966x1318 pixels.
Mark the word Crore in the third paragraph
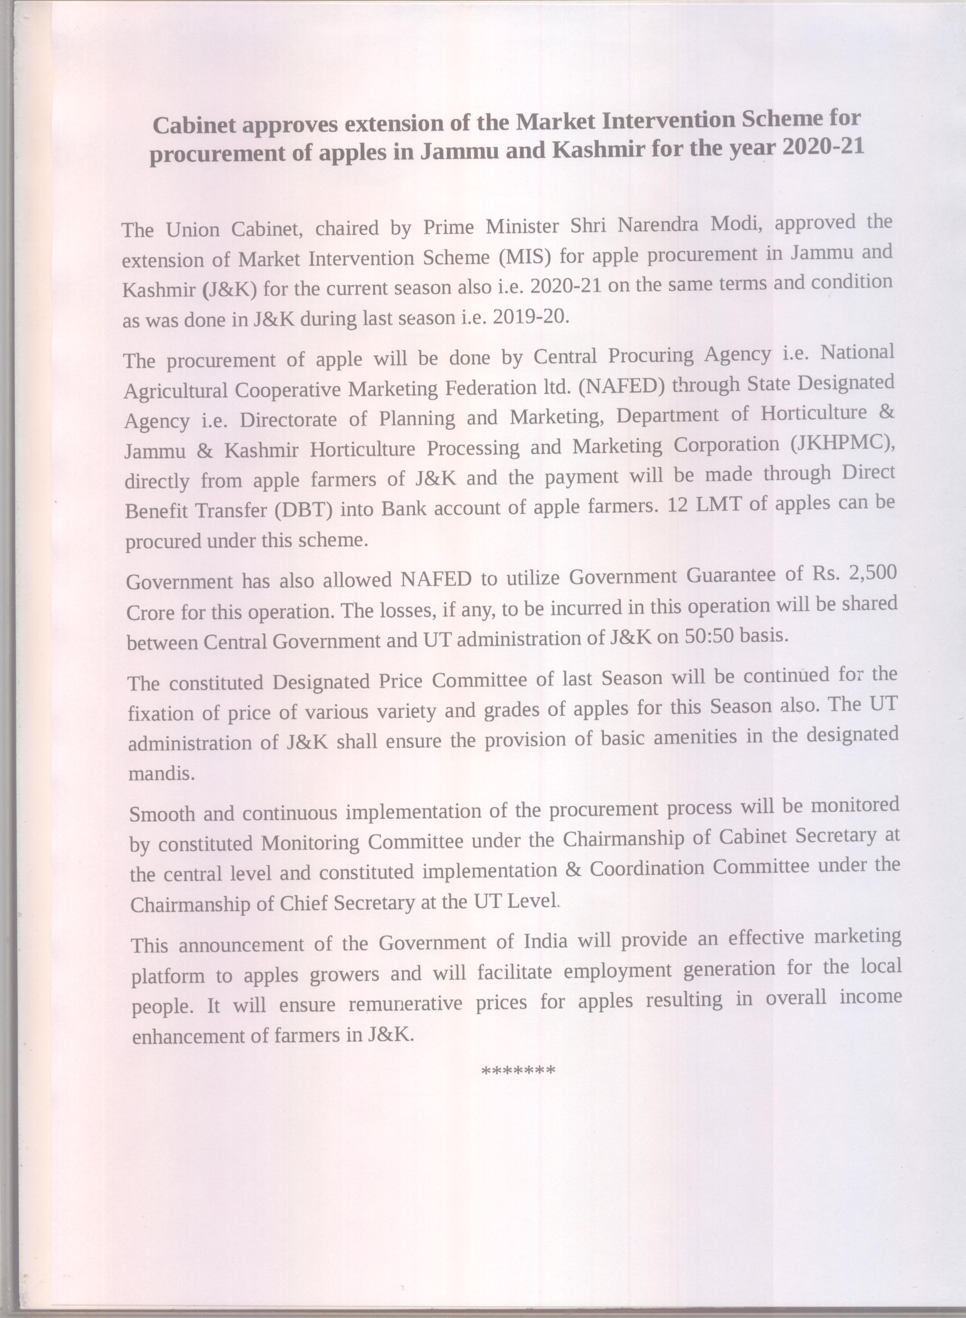coord(151,612)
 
